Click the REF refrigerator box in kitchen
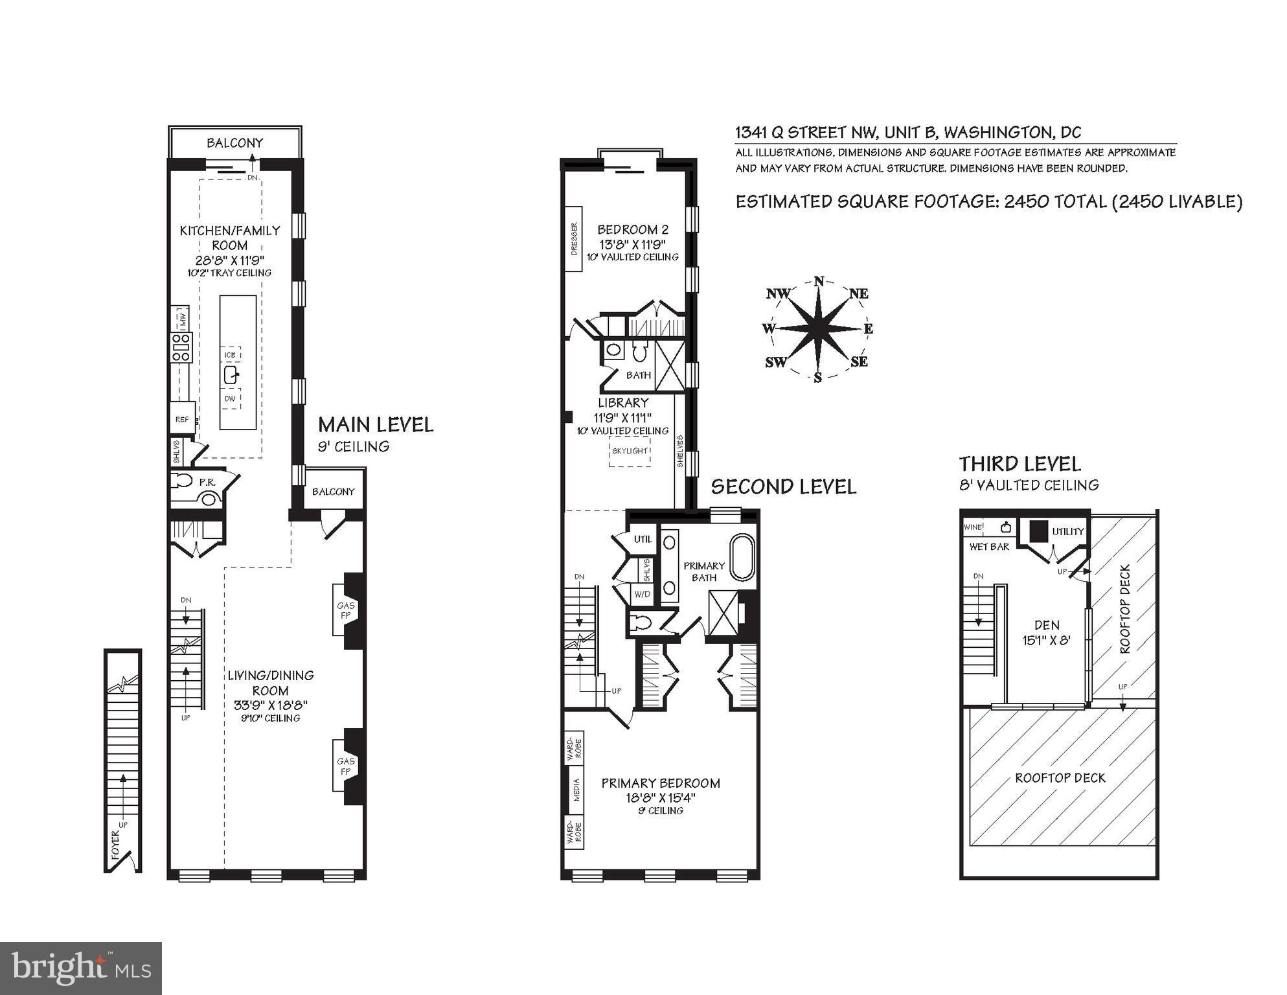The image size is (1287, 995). (x=182, y=420)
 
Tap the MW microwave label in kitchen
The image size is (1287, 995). (x=183, y=318)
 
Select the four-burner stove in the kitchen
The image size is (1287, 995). (x=181, y=348)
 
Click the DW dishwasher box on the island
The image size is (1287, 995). (x=230, y=399)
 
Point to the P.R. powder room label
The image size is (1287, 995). (x=207, y=483)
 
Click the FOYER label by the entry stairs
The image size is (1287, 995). (x=116, y=845)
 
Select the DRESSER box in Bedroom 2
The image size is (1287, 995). (x=574, y=239)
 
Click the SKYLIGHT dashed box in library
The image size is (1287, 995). (x=630, y=451)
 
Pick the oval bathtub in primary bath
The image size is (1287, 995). (x=743, y=557)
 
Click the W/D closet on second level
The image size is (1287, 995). (x=642, y=593)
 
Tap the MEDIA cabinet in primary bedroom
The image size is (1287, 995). (x=576, y=790)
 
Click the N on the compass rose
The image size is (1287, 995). (x=819, y=281)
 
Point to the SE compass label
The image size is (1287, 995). (x=859, y=361)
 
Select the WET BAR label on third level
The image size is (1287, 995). (x=989, y=547)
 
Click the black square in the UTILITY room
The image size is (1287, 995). (x=1038, y=531)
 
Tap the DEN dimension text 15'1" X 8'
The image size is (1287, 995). (x=1047, y=641)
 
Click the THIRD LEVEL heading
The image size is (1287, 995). (x=1019, y=464)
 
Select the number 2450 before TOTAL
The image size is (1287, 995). (x=1026, y=201)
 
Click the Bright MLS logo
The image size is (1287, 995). (x=81, y=968)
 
